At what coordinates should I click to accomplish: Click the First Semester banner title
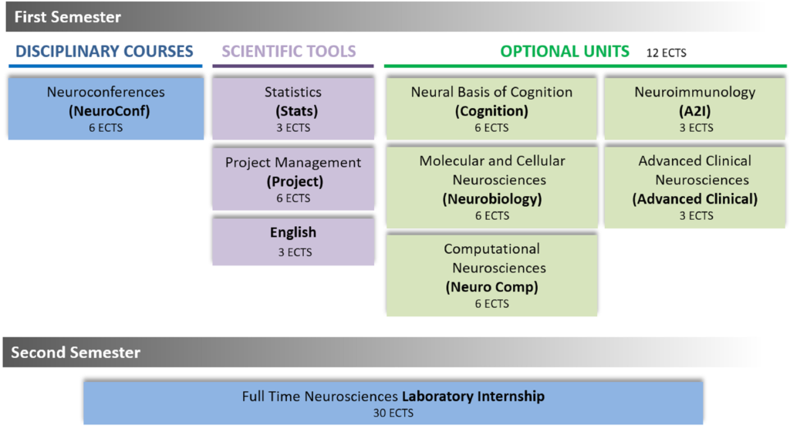coord(68,16)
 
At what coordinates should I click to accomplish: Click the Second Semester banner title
coord(76,353)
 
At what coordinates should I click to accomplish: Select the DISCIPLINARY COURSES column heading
coord(104,52)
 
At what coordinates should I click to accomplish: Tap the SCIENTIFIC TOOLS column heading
coord(289,52)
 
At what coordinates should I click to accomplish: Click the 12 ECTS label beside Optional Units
coord(666,53)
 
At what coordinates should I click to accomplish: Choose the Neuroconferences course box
coord(106,108)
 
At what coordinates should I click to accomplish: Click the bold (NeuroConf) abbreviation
coord(106,110)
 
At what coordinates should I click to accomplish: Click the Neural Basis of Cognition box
coord(491,108)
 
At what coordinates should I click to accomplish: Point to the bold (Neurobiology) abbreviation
coord(491,199)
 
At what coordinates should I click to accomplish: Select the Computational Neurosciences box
coord(491,275)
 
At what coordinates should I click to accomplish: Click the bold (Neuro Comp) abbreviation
coord(491,287)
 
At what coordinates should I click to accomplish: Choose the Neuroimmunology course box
coord(695,108)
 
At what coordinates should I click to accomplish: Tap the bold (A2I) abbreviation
coord(695,110)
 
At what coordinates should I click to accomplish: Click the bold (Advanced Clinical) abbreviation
coord(695,199)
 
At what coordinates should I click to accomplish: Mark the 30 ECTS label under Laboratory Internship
coord(393,413)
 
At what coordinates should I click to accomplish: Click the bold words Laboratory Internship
coord(473,397)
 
